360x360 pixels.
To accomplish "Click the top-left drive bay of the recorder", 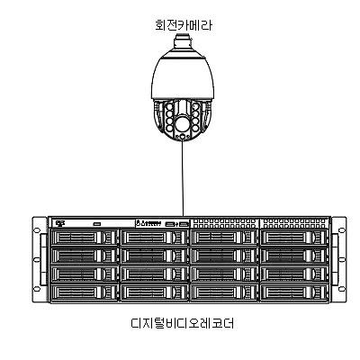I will pos(84,238).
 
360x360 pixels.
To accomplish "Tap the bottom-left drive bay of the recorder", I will pos(84,292).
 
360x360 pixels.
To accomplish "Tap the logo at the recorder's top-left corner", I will pos(61,222).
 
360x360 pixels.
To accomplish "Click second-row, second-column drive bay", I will pos(154,256).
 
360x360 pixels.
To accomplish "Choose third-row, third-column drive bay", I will pos(224,274).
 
